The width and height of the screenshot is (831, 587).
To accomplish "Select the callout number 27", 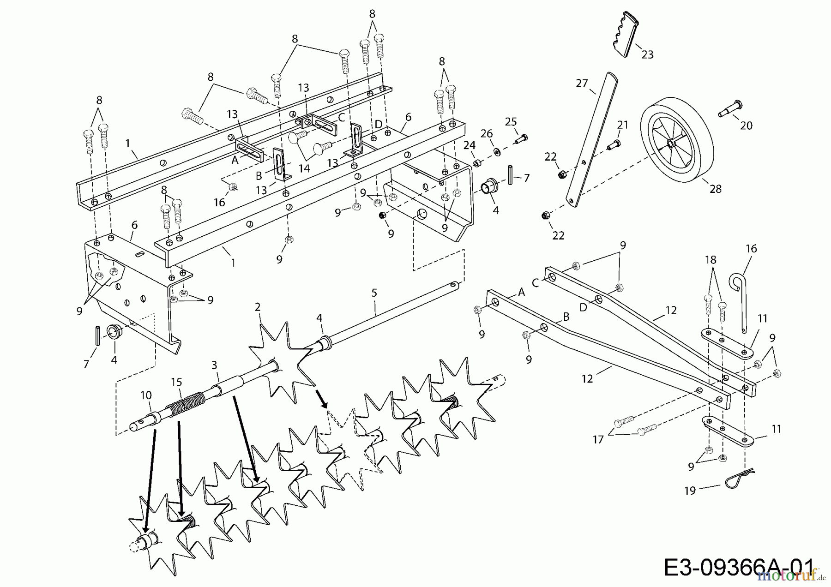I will pos(582,84).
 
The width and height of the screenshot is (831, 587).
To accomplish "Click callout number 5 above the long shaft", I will pos(374,293).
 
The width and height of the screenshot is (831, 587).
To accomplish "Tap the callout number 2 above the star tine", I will pos(258,307).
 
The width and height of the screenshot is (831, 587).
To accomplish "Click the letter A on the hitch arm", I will pos(522,292).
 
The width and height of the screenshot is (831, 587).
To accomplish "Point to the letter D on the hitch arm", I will pos(584,307).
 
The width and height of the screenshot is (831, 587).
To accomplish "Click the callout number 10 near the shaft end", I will pos(146,395).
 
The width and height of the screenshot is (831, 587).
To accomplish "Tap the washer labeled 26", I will pos(497,152).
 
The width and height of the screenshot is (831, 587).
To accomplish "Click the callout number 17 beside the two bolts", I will pos(598,439).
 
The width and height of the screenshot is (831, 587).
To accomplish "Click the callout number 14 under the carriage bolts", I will pos(304,168).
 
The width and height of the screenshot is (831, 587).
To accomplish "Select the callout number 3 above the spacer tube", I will pos(214,365).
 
